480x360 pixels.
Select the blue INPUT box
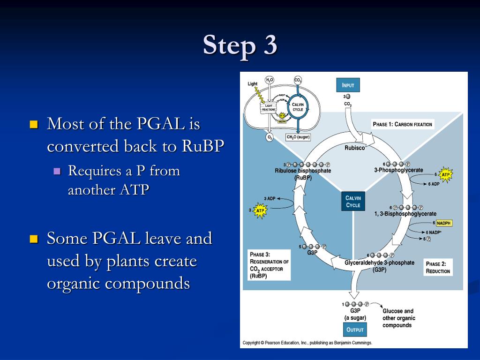coord(348,85)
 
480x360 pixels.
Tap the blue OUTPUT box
coord(355,330)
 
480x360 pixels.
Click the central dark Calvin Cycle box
coord(353,202)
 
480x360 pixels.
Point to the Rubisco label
coord(354,148)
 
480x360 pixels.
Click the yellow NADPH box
coord(443,223)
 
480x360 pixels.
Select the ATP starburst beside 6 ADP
coord(445,175)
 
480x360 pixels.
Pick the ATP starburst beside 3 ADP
coord(260,211)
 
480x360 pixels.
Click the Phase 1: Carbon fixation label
coord(402,124)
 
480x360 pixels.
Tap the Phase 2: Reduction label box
coord(438,268)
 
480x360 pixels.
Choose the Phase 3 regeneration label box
coord(269,265)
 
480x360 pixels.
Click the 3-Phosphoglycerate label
coord(398,170)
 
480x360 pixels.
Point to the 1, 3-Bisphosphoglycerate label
coord(405,214)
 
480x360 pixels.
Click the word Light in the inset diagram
coord(253,84)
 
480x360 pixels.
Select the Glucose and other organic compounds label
coord(398,318)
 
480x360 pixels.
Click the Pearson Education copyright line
coord(307,343)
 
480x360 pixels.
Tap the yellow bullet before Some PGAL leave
coord(33,239)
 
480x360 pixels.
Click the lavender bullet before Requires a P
coord(57,171)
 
